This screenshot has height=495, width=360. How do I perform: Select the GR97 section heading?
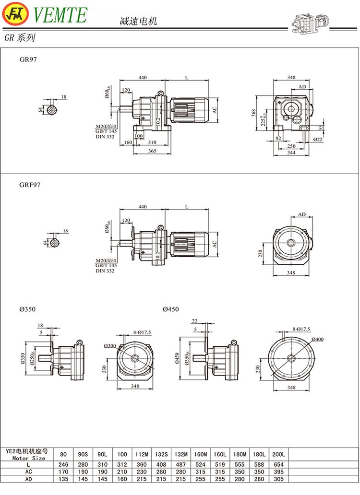[x=28, y=60]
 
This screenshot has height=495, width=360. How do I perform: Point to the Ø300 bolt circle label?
[x=110, y=345]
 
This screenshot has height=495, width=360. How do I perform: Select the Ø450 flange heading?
[x=171, y=309]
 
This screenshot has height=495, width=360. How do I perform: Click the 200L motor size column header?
[x=278, y=453]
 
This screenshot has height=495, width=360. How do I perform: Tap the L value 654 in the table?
[x=278, y=464]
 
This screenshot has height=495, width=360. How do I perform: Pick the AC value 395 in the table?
[x=278, y=472]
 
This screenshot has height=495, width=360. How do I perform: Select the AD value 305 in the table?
[x=278, y=479]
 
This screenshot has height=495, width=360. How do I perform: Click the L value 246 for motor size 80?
[x=64, y=464]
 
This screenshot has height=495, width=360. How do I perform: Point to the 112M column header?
[x=140, y=453]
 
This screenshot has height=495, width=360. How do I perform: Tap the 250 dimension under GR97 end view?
[x=291, y=145]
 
